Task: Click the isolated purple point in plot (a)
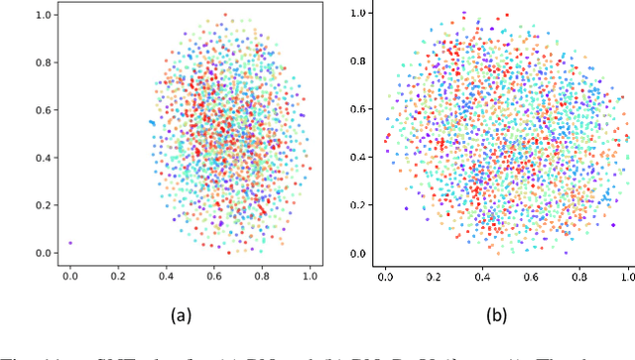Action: [x=69, y=243]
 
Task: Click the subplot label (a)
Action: [x=181, y=314]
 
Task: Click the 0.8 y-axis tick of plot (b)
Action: [x=358, y=60]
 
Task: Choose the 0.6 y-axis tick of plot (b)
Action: [x=358, y=108]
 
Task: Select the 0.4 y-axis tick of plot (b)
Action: [x=358, y=157]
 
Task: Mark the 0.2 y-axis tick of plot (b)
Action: [x=358, y=205]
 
